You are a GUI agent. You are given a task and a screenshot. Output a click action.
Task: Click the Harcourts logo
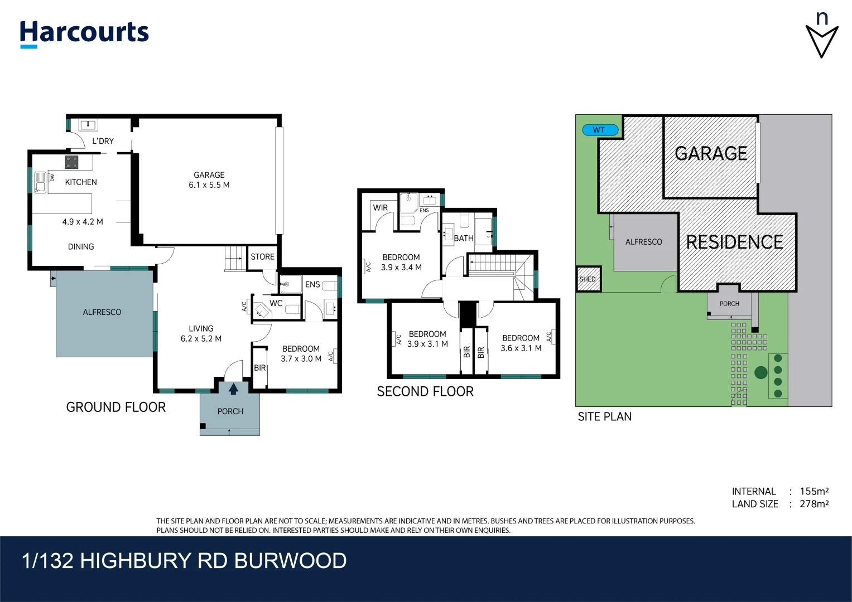[x=84, y=33]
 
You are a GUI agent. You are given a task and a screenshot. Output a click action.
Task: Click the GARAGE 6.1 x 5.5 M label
[x=209, y=180]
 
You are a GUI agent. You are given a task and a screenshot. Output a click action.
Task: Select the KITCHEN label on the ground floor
[x=81, y=182]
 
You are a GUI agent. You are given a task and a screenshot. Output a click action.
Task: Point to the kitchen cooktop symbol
[x=71, y=162]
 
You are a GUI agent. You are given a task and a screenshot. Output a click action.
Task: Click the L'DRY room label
[x=103, y=141]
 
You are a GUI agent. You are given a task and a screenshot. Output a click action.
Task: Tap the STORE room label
[x=262, y=257]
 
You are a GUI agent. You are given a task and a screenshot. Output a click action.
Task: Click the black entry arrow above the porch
[x=233, y=389]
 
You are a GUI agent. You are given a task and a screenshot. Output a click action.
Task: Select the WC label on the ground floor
[x=276, y=303]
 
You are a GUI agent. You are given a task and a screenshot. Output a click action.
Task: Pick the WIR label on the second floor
[x=380, y=208]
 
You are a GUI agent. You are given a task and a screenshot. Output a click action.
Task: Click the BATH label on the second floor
[x=463, y=238]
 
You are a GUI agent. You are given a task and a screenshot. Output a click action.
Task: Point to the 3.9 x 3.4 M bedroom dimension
[x=401, y=268]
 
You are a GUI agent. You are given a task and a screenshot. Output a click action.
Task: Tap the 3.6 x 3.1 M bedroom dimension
[x=521, y=348]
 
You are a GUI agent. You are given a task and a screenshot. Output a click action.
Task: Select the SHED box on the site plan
[x=588, y=279]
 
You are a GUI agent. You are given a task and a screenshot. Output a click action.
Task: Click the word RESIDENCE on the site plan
[x=734, y=242]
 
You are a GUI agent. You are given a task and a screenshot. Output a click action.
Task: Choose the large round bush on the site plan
[x=760, y=372]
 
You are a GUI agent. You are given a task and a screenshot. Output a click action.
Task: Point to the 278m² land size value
[x=814, y=504]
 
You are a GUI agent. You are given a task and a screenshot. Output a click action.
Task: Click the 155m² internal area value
[x=814, y=491]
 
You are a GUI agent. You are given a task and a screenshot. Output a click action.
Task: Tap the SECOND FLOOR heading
[x=425, y=392]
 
